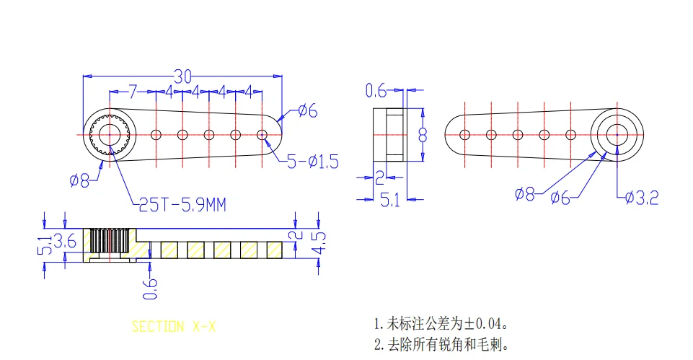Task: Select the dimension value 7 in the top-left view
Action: point(132,92)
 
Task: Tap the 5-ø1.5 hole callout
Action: point(312,162)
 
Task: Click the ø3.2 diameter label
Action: point(640,197)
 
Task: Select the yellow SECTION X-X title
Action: point(173,326)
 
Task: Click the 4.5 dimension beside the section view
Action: point(317,242)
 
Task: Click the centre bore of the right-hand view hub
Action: point(617,134)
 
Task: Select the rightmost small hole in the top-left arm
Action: point(262,134)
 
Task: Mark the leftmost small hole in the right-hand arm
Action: point(464,134)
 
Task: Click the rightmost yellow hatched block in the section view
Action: point(275,249)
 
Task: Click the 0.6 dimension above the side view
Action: point(376,91)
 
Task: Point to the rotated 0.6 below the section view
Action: point(149,286)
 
